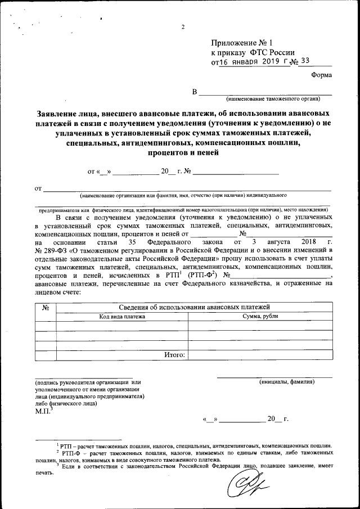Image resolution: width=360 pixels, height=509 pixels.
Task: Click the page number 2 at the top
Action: pyautogui.click(x=183, y=28)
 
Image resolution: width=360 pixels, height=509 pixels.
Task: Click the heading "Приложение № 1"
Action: pyautogui.click(x=242, y=43)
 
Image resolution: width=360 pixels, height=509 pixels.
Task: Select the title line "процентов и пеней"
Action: pyautogui.click(x=183, y=152)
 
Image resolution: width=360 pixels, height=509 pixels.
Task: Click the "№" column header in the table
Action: pyautogui.click(x=46, y=307)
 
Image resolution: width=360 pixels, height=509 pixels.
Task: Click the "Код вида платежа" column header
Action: pyautogui.click(x=122, y=317)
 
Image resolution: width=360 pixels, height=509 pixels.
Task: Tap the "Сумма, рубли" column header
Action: pyautogui.click(x=260, y=317)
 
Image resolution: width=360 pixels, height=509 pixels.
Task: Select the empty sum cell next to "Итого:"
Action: pyautogui.click(x=260, y=355)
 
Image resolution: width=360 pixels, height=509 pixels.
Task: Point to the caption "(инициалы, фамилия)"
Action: pyautogui.click(x=287, y=382)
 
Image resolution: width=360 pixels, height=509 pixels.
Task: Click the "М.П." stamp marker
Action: pyautogui.click(x=43, y=411)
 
